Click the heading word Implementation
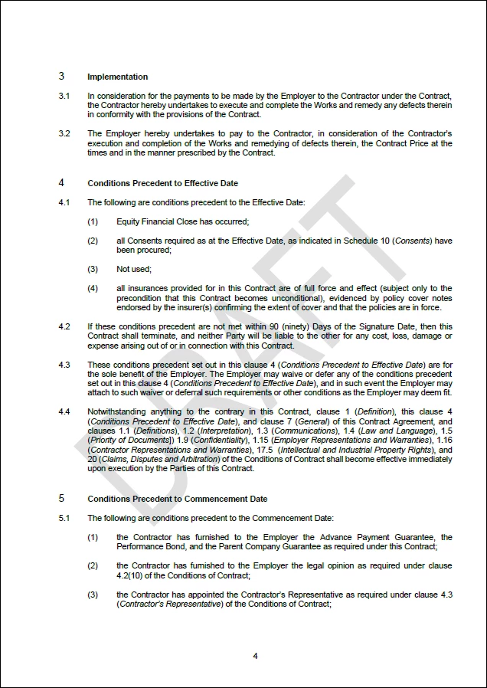coord(117,77)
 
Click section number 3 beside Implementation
coord(61,77)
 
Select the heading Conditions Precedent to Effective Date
coord(162,183)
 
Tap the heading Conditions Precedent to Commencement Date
coord(177,499)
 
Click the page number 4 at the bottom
coord(255,656)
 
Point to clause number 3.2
coord(64,133)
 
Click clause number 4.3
coord(64,364)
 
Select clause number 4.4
coord(64,411)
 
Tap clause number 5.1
coord(64,518)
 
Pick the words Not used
coord(133,269)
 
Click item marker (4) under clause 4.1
coord(93,288)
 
